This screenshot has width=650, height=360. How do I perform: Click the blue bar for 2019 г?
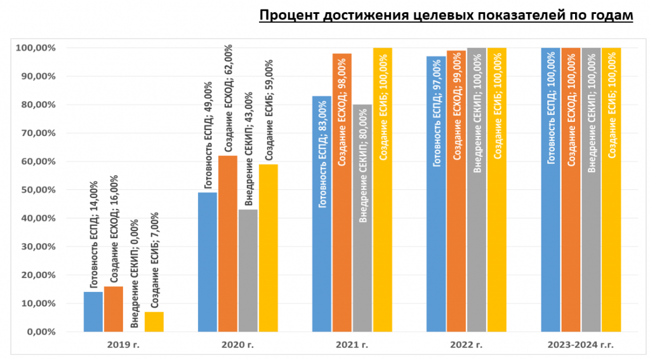pyautogui.click(x=93, y=312)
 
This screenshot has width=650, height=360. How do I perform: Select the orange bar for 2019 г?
pyautogui.click(x=114, y=309)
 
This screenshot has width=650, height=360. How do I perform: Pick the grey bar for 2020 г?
pyautogui.click(x=248, y=270)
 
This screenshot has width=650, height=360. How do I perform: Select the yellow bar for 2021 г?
pyautogui.click(x=383, y=190)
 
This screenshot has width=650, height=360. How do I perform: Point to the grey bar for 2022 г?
pyautogui.click(x=477, y=190)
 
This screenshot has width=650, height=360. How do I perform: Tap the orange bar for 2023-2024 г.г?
pyautogui.click(x=571, y=190)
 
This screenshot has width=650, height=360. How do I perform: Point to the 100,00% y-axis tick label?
pyautogui.click(x=36, y=48)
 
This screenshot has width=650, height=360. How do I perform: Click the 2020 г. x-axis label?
pyautogui.click(x=237, y=345)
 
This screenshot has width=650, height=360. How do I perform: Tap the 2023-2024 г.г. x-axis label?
pyautogui.click(x=580, y=345)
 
